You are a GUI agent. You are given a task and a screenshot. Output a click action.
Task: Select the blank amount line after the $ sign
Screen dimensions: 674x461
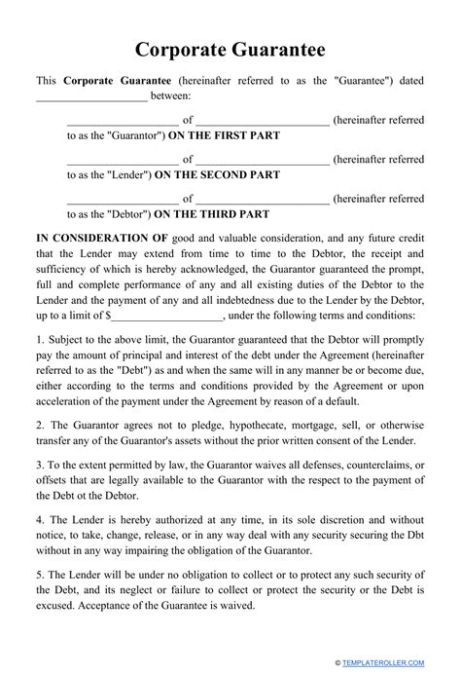coord(167,317)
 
